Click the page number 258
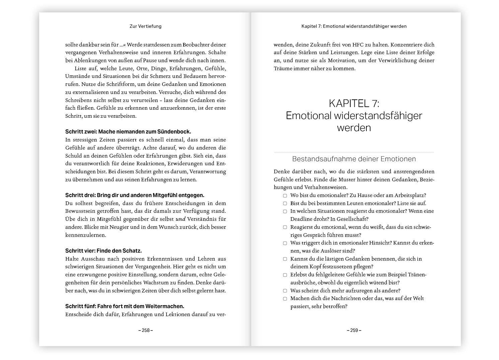click(x=145, y=330)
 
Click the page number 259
click(x=354, y=330)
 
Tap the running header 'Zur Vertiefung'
click(x=145, y=26)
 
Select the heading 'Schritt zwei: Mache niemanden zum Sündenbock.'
click(x=128, y=131)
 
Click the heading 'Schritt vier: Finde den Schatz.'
click(x=103, y=251)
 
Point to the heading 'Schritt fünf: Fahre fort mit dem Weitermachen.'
click(x=125, y=306)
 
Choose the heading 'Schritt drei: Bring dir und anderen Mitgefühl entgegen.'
click(x=135, y=195)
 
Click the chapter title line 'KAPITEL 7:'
click(x=354, y=103)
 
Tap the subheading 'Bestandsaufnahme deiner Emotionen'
click(x=354, y=159)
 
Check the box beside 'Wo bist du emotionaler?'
click(x=285, y=196)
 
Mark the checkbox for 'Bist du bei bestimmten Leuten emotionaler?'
click(x=285, y=203)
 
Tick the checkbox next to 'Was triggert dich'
click(x=285, y=243)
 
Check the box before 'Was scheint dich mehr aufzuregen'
click(x=285, y=291)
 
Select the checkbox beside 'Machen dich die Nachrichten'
click(x=285, y=299)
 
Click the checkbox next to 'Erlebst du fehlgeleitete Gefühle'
click(x=285, y=275)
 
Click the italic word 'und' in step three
click(x=180, y=219)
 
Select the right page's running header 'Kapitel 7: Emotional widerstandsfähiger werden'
click(x=354, y=26)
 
